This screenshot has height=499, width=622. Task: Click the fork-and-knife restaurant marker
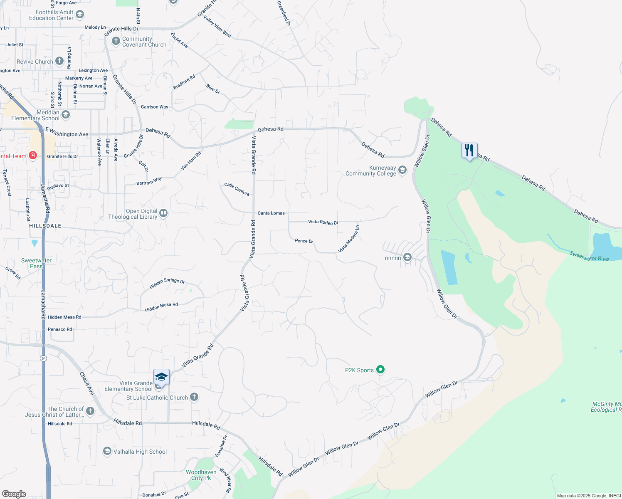click(x=469, y=151)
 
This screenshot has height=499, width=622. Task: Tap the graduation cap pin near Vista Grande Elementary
click(x=161, y=377)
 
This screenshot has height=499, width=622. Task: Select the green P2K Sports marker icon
click(x=380, y=370)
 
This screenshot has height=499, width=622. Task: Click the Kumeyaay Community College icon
click(x=402, y=170)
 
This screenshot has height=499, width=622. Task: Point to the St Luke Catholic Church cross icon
click(x=194, y=397)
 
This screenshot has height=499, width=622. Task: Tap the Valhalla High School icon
click(x=107, y=451)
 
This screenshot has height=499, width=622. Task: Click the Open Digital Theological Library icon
click(x=163, y=213)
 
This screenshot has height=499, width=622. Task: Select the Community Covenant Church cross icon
click(x=116, y=42)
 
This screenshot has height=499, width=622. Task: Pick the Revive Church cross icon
click(x=59, y=62)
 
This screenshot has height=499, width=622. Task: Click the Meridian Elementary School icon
click(x=65, y=114)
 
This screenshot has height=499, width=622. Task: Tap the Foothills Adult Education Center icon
click(x=80, y=15)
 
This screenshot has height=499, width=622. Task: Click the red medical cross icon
click(x=33, y=156)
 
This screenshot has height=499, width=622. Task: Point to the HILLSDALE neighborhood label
click(x=45, y=226)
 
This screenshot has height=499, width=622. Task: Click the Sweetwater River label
click(x=589, y=256)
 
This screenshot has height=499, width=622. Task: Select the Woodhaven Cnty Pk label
click(x=201, y=475)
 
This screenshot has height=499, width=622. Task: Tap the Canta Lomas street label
click(x=271, y=213)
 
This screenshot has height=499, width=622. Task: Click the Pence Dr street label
click(x=304, y=241)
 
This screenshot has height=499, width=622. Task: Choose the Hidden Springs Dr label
click(x=167, y=284)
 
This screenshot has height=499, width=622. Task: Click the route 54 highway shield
click(x=44, y=358)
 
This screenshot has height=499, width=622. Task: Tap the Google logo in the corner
click(x=14, y=494)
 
